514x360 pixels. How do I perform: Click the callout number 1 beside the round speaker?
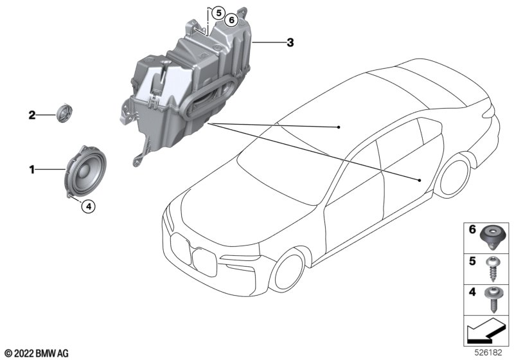[31, 170]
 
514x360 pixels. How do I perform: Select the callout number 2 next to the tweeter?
[31, 115]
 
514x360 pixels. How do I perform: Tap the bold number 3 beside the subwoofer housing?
[290, 42]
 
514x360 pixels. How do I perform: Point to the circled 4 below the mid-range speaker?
[89, 206]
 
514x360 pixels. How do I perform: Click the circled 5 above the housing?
[218, 13]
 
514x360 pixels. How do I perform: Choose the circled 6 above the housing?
[231, 21]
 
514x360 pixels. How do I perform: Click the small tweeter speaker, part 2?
[64, 113]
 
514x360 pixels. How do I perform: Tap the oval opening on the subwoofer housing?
[210, 95]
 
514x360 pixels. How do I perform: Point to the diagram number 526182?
[488, 353]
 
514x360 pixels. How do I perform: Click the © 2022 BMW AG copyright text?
[37, 354]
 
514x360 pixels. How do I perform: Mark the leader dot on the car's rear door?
[420, 180]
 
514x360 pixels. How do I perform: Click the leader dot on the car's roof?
[339, 127]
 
